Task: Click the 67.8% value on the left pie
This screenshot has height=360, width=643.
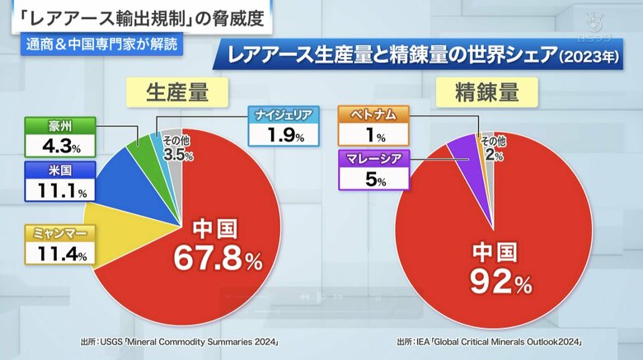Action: click(216, 257)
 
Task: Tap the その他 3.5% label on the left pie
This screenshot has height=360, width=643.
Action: click(176, 148)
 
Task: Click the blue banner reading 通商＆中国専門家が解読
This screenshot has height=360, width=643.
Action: click(101, 46)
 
